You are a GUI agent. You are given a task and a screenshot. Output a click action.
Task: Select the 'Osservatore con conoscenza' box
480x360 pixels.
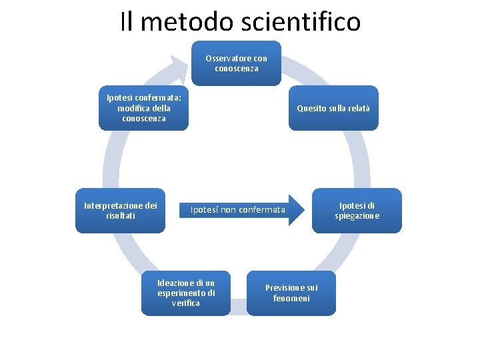pyautogui.click(x=236, y=63)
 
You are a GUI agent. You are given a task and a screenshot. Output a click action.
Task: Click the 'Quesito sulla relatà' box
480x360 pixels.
pyautogui.click(x=333, y=108)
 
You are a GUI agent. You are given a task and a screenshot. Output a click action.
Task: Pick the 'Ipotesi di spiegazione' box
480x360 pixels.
pyautogui.click(x=357, y=211)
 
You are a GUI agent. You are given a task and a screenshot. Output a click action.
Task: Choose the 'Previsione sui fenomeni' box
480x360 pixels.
pyautogui.click(x=291, y=293)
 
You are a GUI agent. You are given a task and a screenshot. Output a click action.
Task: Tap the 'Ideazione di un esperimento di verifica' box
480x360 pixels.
pyautogui.click(x=186, y=293)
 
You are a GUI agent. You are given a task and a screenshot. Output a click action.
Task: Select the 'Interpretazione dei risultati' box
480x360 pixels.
pyautogui.click(x=120, y=211)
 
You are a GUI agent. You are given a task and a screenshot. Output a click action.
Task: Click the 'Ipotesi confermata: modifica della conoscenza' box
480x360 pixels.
pyautogui.click(x=144, y=108)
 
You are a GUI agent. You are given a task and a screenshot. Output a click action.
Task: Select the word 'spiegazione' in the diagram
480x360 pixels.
pyautogui.click(x=357, y=216)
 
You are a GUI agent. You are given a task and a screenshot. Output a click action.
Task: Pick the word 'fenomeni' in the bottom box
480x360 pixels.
pyautogui.click(x=291, y=298)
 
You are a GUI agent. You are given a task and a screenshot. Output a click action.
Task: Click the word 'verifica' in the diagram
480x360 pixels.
pyautogui.click(x=186, y=303)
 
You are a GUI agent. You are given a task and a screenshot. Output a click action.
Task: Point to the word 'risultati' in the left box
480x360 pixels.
pyautogui.click(x=120, y=216)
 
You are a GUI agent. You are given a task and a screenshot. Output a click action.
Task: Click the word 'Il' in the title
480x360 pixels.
pyautogui.click(x=127, y=21)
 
